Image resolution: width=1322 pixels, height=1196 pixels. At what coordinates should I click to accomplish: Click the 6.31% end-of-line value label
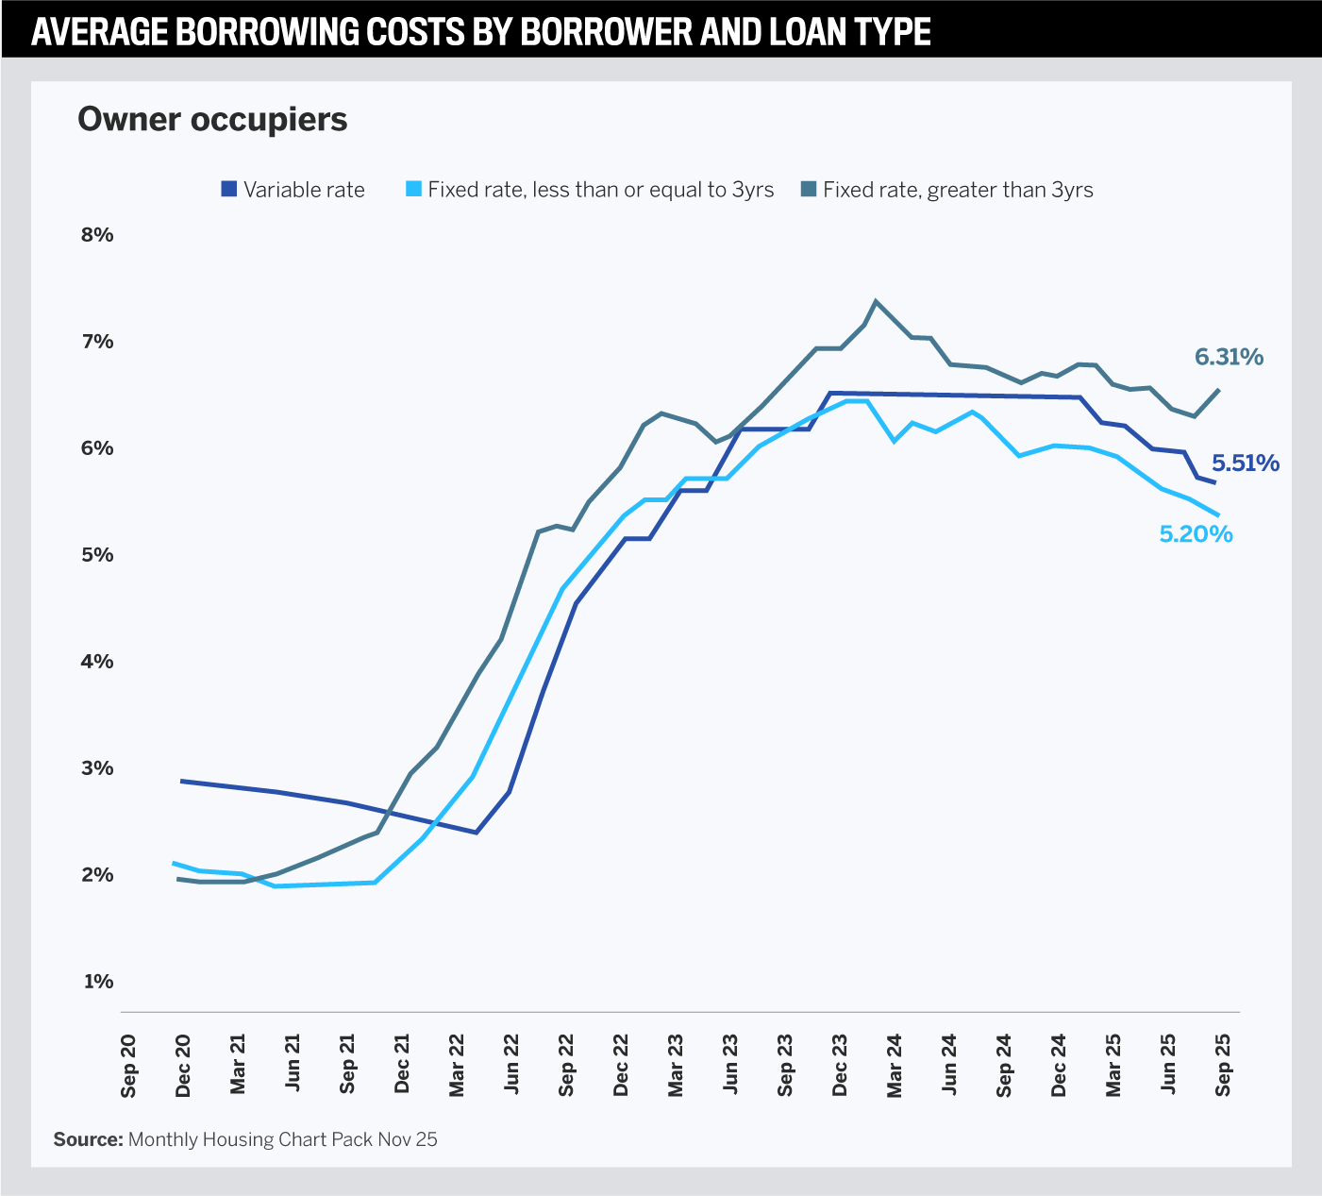click(x=1229, y=358)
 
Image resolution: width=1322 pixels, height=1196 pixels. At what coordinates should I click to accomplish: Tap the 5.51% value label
click(x=1246, y=463)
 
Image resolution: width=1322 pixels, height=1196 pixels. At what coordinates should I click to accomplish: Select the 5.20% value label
click(x=1196, y=535)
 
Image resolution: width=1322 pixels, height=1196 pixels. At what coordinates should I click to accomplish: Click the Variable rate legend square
click(x=228, y=189)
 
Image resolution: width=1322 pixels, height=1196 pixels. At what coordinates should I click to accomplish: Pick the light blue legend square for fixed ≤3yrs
click(x=413, y=189)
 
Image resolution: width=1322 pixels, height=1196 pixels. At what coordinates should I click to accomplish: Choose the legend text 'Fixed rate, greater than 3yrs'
click(x=957, y=190)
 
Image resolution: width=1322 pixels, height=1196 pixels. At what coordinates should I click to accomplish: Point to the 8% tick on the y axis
click(x=97, y=235)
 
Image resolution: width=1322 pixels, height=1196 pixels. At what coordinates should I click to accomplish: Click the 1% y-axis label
click(x=98, y=982)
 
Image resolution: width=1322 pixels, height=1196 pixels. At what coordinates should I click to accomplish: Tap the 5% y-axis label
click(x=97, y=555)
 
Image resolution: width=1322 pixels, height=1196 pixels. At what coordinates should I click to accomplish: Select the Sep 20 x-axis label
click(x=129, y=1067)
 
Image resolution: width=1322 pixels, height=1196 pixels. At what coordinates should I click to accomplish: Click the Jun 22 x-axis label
click(x=512, y=1064)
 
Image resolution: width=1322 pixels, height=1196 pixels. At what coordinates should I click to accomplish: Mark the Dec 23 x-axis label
click(x=840, y=1065)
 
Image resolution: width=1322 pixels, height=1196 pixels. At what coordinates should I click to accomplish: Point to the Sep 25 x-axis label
click(x=1223, y=1065)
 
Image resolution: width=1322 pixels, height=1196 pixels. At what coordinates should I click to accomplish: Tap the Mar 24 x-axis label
click(x=895, y=1065)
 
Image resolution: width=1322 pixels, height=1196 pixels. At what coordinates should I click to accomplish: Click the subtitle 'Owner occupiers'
click(x=212, y=120)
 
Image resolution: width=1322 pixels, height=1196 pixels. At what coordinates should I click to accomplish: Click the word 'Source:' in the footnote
click(x=88, y=1139)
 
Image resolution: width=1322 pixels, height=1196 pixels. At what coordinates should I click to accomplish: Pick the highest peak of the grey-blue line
click(x=876, y=301)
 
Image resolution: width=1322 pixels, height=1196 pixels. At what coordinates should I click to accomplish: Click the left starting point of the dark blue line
click(x=182, y=782)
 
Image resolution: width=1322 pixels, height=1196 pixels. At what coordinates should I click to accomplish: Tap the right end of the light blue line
click(x=1218, y=515)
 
